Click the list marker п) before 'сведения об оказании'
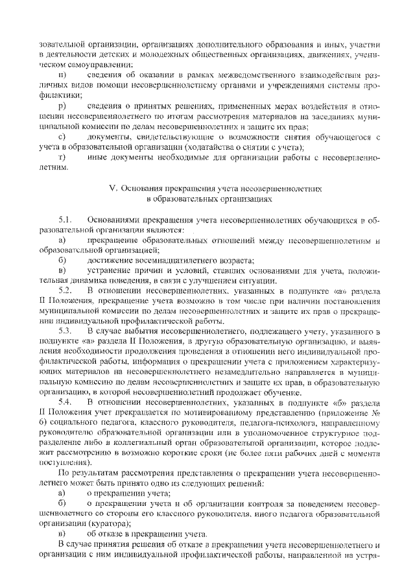pyautogui.click(x=62, y=77)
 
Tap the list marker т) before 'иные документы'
pyautogui.click(x=62, y=157)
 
